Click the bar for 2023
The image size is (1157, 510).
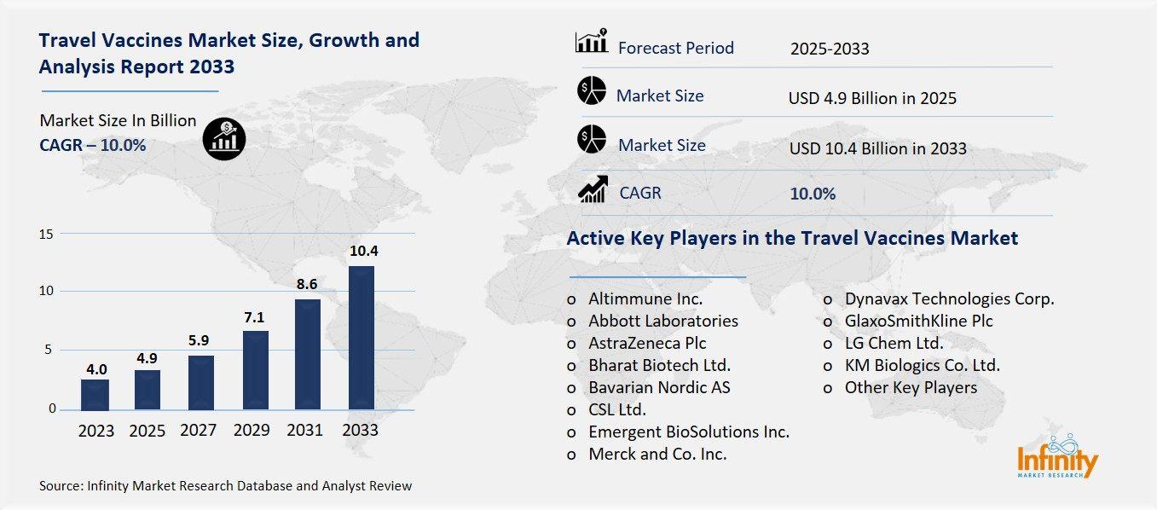[x=95, y=394]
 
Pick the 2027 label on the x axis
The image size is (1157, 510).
[x=198, y=431]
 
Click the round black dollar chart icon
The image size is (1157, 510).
[x=224, y=137]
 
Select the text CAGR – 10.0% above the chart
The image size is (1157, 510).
[x=92, y=145]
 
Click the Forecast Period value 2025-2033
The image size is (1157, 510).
[x=829, y=49]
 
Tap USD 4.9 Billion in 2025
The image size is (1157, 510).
[x=872, y=98]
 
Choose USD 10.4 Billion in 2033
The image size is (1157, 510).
[x=877, y=148]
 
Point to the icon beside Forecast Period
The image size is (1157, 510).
[x=592, y=42]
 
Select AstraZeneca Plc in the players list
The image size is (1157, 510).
[x=647, y=343]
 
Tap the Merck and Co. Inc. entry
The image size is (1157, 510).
[x=657, y=454]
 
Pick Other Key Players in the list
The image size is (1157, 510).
[x=911, y=387]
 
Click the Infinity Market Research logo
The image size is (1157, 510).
[x=1057, y=458]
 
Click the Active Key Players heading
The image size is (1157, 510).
[x=792, y=238]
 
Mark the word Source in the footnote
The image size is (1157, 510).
[x=60, y=486]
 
